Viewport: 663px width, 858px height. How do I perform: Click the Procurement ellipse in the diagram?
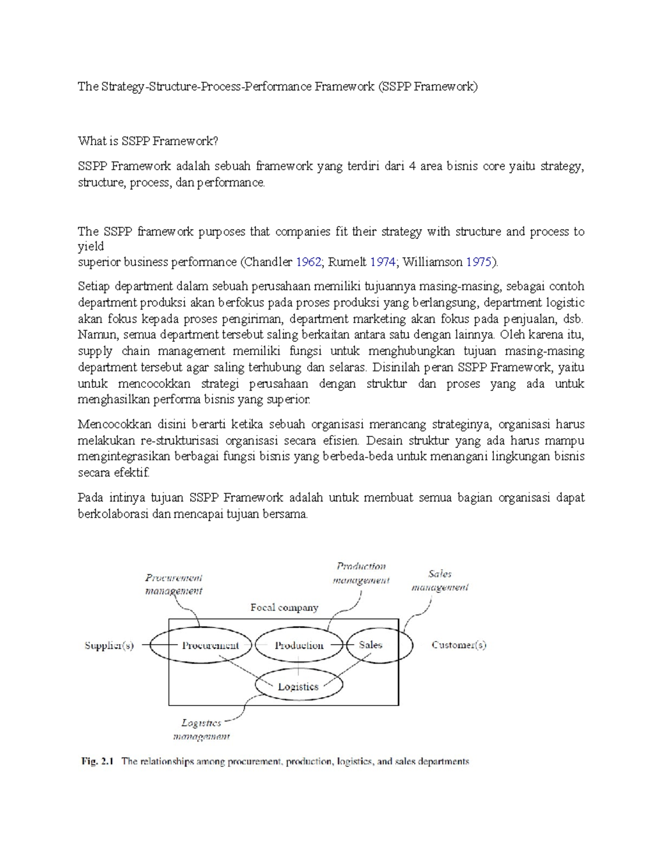click(201, 645)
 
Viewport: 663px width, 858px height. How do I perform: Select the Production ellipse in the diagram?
click(299, 645)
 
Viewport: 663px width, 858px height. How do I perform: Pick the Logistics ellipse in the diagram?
click(298, 686)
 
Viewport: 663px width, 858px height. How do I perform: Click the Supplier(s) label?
click(109, 645)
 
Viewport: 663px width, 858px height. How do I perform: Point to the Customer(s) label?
click(459, 645)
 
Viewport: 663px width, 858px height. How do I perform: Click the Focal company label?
click(284, 607)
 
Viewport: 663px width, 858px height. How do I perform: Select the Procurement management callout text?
click(173, 584)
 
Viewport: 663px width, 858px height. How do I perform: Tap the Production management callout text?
click(361, 573)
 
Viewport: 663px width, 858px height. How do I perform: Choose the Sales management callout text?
click(440, 581)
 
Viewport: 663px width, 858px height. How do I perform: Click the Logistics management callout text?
click(201, 729)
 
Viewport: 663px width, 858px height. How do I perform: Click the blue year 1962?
click(308, 262)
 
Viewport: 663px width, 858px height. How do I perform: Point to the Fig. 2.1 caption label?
click(97, 761)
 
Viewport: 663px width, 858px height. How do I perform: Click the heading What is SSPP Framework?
click(148, 141)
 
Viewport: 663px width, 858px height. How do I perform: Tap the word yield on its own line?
click(91, 246)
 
